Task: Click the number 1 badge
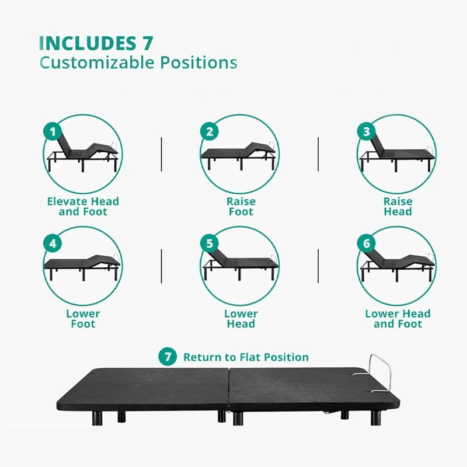[x=53, y=132]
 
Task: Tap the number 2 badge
[x=210, y=132]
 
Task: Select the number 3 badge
[x=367, y=132]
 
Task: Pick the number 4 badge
[x=53, y=243]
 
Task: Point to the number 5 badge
[x=210, y=243]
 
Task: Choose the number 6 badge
[x=367, y=243]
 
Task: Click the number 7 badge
[x=168, y=357]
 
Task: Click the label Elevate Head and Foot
[x=83, y=207]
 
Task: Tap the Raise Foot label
[x=241, y=207]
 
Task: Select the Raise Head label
[x=398, y=207]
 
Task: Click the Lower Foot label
[x=83, y=319]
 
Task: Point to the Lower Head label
[x=241, y=319]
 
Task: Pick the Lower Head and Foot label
[x=398, y=319]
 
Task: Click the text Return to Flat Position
[x=246, y=357]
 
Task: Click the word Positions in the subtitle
[x=199, y=62]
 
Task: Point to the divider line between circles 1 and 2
[x=161, y=154]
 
